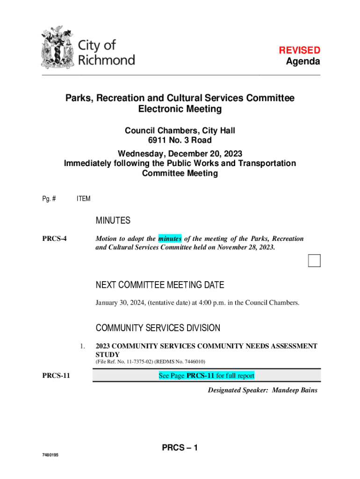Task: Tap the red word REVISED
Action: click(x=299, y=50)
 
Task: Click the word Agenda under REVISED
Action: click(x=303, y=62)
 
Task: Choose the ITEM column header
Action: click(x=84, y=199)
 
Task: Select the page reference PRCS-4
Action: click(x=54, y=239)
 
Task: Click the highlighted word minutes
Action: click(x=170, y=239)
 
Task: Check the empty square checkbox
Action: click(x=314, y=261)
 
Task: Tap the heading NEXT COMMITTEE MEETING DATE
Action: click(x=160, y=285)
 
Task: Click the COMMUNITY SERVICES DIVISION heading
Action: click(x=158, y=328)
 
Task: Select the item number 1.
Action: click(x=82, y=347)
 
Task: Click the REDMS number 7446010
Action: click(x=192, y=362)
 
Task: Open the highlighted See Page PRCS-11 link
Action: click(x=206, y=376)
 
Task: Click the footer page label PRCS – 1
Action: click(x=180, y=448)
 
